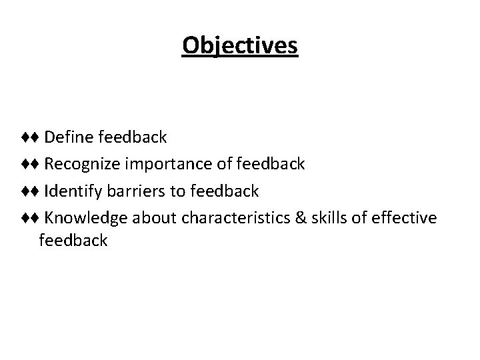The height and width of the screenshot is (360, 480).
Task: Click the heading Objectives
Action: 240,46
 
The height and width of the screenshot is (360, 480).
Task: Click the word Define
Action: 69,137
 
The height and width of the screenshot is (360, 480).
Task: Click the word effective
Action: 405,218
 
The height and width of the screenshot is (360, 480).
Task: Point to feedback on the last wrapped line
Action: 73,240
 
